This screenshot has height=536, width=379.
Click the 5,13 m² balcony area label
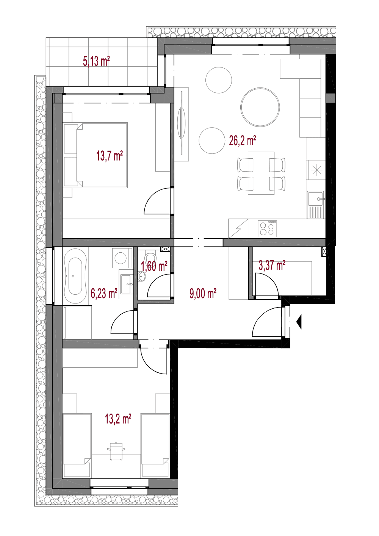pos(96,61)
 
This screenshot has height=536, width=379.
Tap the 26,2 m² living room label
pos(242,141)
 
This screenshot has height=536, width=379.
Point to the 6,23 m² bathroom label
pos(104,293)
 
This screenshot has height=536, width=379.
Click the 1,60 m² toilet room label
pos(154,266)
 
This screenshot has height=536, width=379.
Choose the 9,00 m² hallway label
pos(203,293)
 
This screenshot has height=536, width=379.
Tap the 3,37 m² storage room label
pos(272,265)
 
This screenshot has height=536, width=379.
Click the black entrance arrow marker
pos(299,322)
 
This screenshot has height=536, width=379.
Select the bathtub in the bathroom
pos(75,276)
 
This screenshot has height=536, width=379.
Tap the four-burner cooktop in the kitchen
pos(267,228)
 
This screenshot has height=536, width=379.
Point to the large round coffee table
pos(260,107)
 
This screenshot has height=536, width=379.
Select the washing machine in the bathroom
pos(122,258)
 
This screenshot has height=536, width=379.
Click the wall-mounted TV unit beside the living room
pos(182,124)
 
